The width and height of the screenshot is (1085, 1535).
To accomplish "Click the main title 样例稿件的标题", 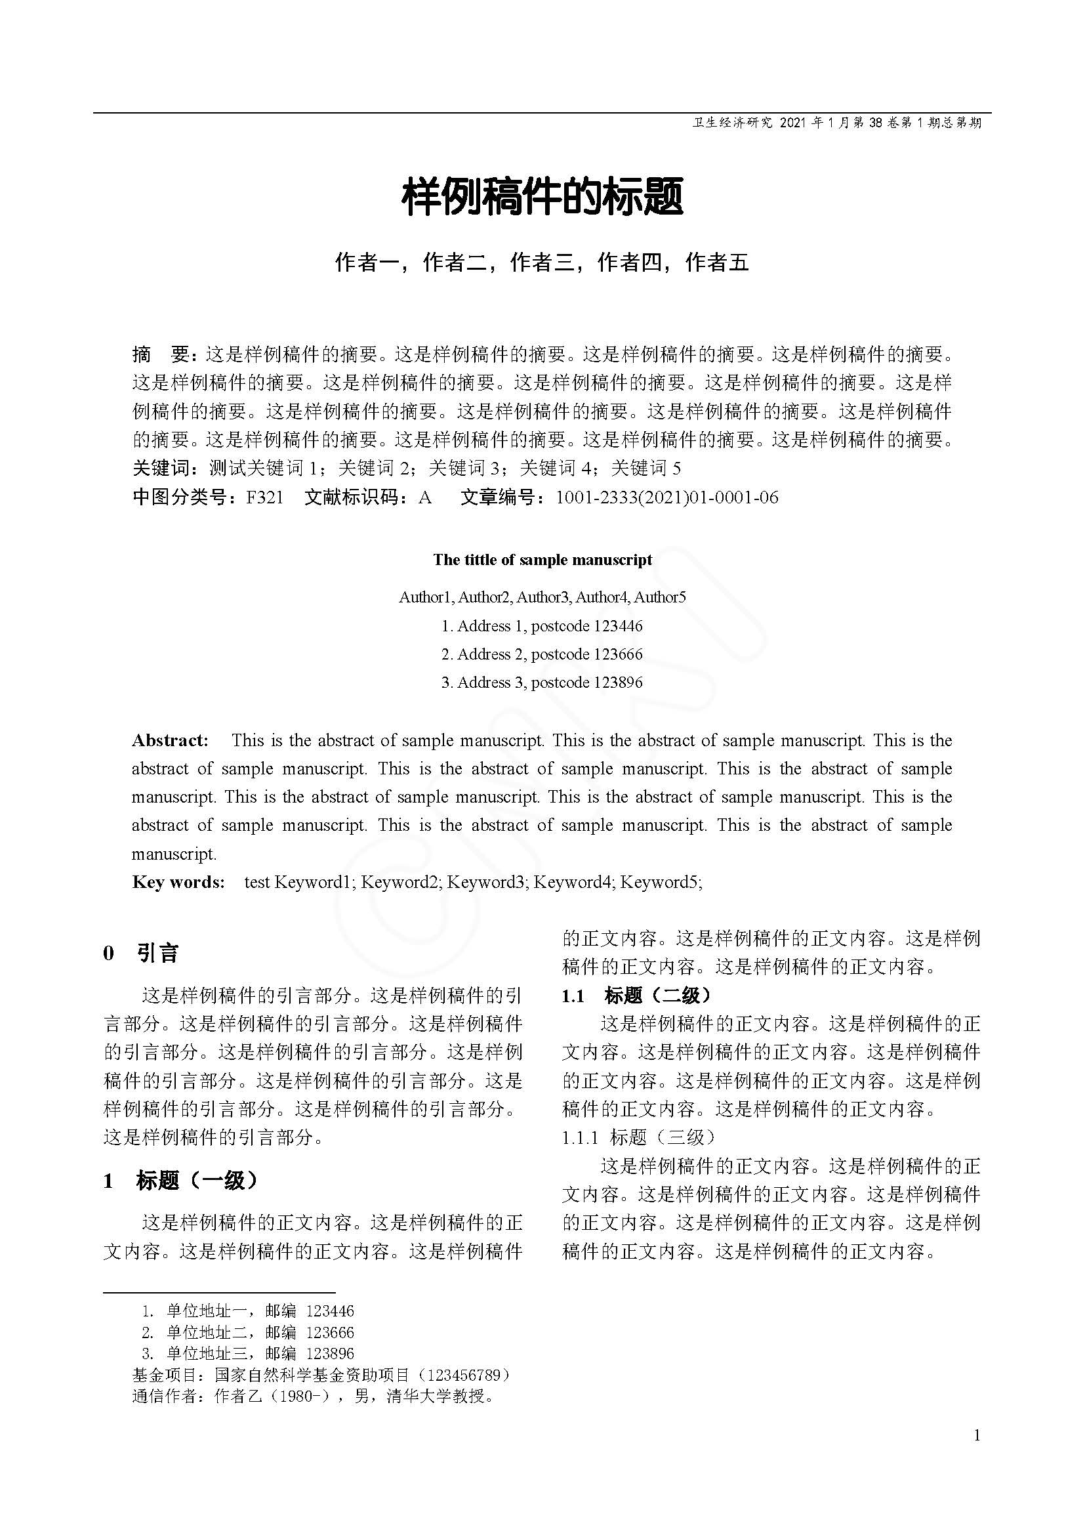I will point(542,197).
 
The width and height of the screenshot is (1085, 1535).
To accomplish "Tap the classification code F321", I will point(264,497).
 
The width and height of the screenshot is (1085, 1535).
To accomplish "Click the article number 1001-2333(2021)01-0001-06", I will point(666,497).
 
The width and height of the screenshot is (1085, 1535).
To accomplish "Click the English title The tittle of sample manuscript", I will point(542,560).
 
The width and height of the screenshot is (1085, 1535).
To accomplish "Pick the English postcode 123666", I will point(617,654).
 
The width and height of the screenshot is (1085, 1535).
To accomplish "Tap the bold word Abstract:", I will point(171,740).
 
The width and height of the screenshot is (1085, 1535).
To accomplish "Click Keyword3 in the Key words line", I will point(485,882).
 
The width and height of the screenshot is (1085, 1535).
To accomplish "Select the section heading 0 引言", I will point(141,954).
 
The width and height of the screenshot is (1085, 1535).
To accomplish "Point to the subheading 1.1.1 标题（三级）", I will point(639,1137).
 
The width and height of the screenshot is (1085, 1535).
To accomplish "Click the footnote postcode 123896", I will point(329,1354).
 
